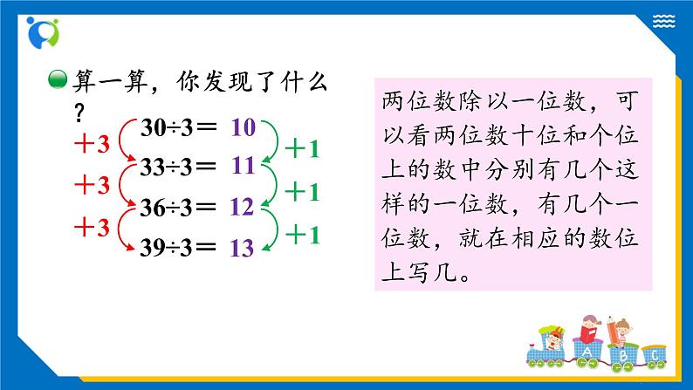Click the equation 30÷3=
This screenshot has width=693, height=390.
[x=179, y=128]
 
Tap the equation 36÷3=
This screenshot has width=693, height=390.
[x=179, y=208]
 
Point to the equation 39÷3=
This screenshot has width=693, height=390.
[x=179, y=247]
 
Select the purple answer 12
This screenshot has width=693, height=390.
[x=243, y=208]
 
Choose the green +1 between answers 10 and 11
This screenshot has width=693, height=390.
[x=303, y=148]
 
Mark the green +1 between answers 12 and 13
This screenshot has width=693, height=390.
[x=303, y=234]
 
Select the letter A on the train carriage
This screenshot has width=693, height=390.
[x=587, y=352]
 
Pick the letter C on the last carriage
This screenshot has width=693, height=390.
[x=654, y=354]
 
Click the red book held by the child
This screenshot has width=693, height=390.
[x=590, y=334]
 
